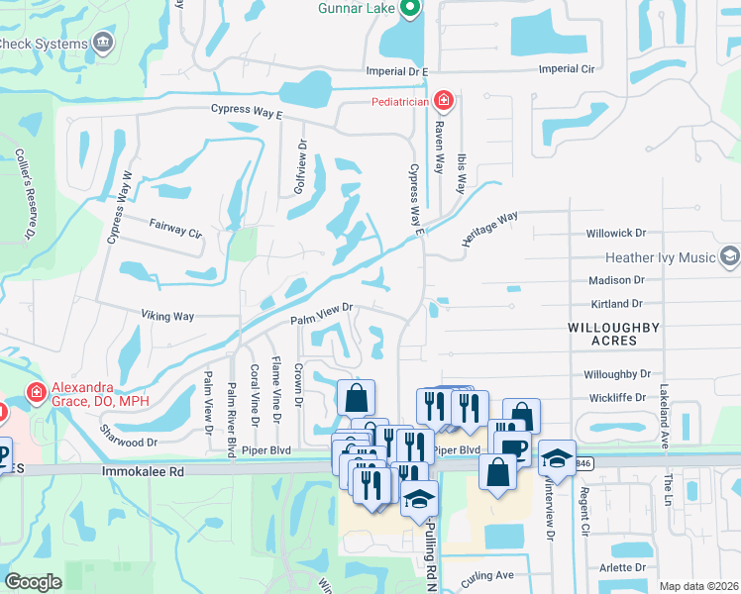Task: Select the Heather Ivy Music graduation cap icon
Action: [x=730, y=257]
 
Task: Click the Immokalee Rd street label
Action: [x=144, y=473]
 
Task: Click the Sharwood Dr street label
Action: [x=129, y=436]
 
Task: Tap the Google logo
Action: [x=34, y=582]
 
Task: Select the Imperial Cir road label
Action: [x=571, y=69]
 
